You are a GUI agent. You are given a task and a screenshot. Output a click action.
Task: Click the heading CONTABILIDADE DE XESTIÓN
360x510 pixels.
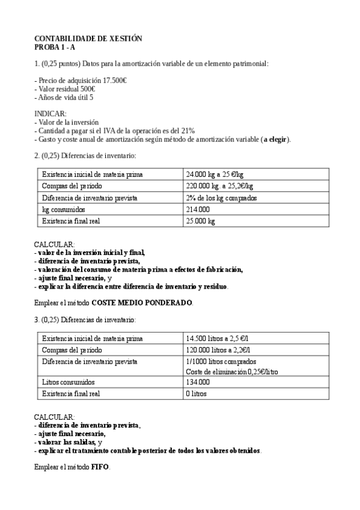pyautogui.click(x=88, y=38)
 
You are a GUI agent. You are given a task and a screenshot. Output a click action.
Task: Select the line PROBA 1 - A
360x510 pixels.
pyautogui.click(x=55, y=46)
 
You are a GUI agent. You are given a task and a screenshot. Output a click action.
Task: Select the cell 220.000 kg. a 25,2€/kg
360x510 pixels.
pyautogui.click(x=219, y=186)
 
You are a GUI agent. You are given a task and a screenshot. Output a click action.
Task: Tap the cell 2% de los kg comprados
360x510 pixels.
pyautogui.click(x=222, y=197)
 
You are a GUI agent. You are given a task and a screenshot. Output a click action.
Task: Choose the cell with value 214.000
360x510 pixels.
pyautogui.click(x=198, y=209)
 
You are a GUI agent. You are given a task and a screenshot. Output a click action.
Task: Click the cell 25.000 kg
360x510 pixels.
pyautogui.click(x=201, y=221)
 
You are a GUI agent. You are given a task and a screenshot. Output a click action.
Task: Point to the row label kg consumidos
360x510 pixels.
pyautogui.click(x=64, y=209)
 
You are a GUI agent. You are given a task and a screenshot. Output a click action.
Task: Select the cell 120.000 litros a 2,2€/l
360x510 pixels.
pyautogui.click(x=219, y=349)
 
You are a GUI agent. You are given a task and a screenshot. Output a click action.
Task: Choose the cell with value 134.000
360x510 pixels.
pyautogui.click(x=198, y=382)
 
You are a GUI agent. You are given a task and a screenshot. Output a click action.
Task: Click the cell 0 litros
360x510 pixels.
pyautogui.click(x=198, y=393)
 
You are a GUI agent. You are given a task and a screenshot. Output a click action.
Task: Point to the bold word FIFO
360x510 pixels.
pyautogui.click(x=100, y=467)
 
